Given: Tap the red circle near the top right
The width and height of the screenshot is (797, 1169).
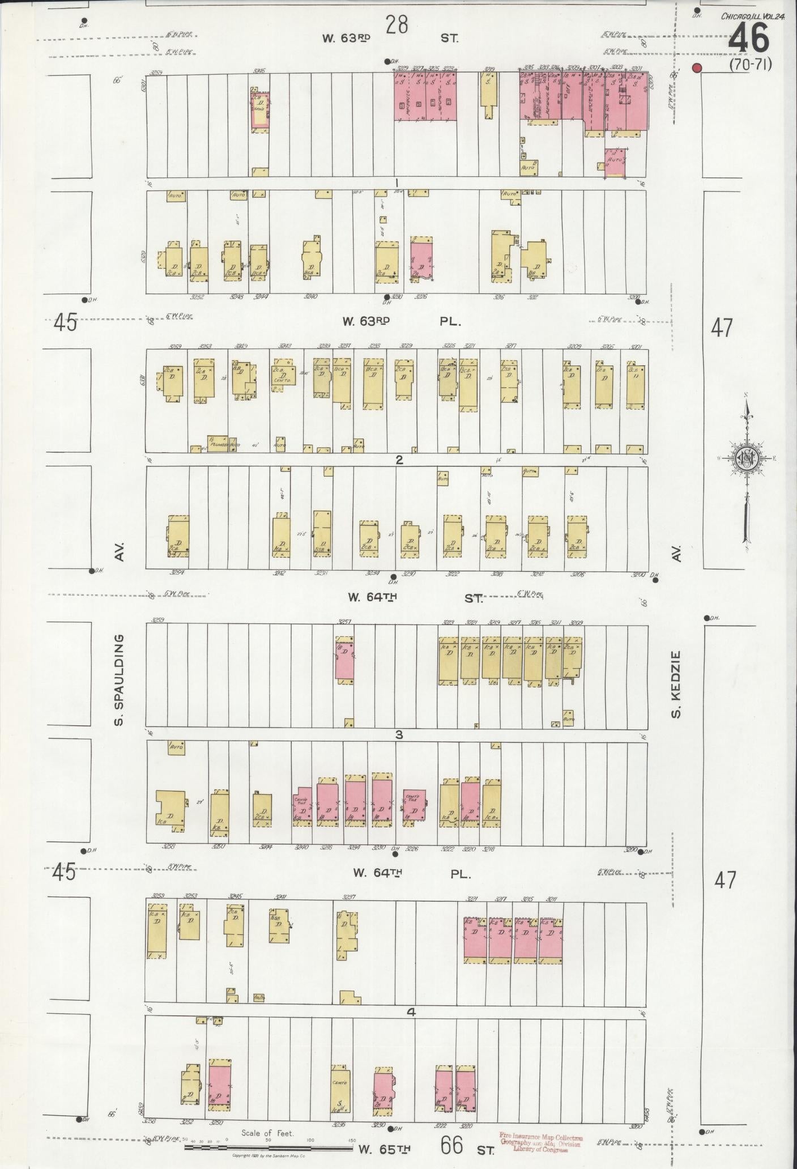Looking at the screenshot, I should coord(697,68).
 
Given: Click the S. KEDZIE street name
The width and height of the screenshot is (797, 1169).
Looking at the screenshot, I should coord(676,683).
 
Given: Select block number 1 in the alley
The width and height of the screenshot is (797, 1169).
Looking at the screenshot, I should coord(397,182).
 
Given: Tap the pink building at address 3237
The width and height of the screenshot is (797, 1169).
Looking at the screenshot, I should coord(344,657).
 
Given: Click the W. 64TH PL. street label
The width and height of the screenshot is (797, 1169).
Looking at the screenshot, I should coord(410,874).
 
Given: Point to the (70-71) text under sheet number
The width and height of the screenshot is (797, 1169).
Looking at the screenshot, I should coord(750,65).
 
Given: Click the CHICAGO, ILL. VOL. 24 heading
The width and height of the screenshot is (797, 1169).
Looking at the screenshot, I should coord(752,16).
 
